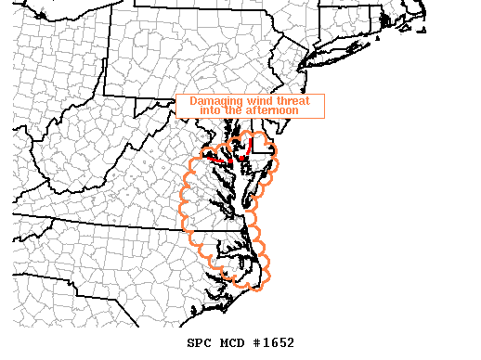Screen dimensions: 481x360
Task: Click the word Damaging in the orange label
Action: pyautogui.click(x=217, y=101)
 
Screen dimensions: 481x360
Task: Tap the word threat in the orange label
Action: pyautogui.click(x=301, y=101)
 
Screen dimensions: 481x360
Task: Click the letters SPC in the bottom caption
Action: pyautogui.click(x=199, y=343)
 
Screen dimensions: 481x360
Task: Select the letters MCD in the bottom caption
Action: pyautogui.click(x=232, y=343)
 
